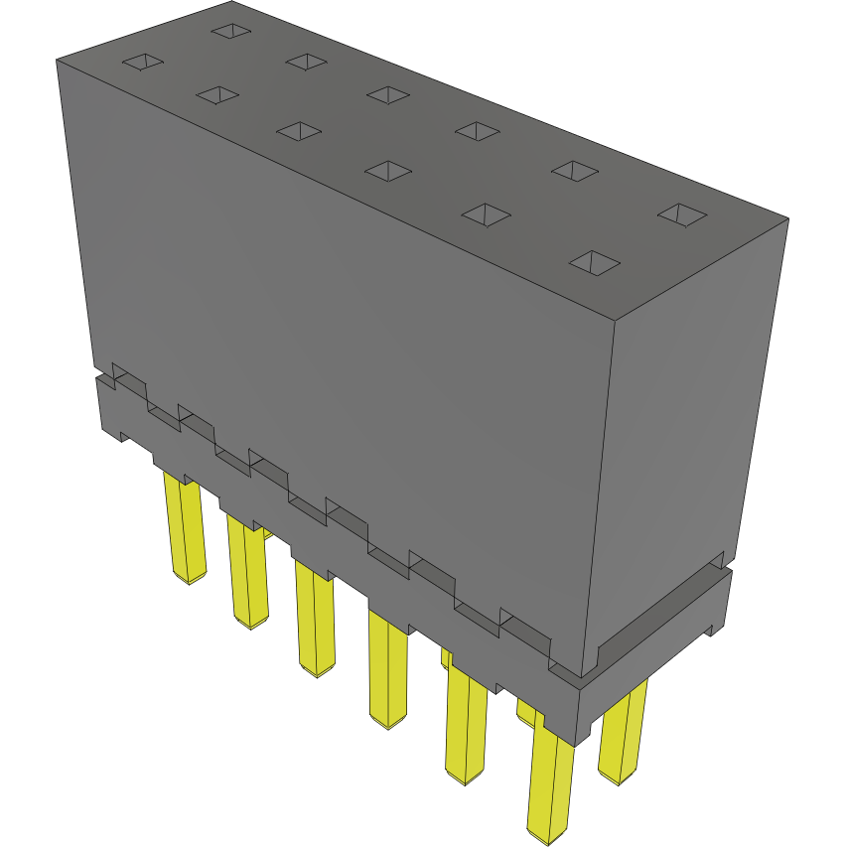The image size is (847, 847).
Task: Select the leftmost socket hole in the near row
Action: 142,63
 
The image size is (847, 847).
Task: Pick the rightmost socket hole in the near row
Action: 595,263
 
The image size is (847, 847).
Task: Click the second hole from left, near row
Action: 217,94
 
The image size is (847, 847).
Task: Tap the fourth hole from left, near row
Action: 387,171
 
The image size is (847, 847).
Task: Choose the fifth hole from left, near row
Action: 486,214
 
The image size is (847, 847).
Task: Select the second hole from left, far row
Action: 307,62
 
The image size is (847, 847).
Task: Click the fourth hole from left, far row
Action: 478,130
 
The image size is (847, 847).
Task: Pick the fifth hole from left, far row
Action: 575,170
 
